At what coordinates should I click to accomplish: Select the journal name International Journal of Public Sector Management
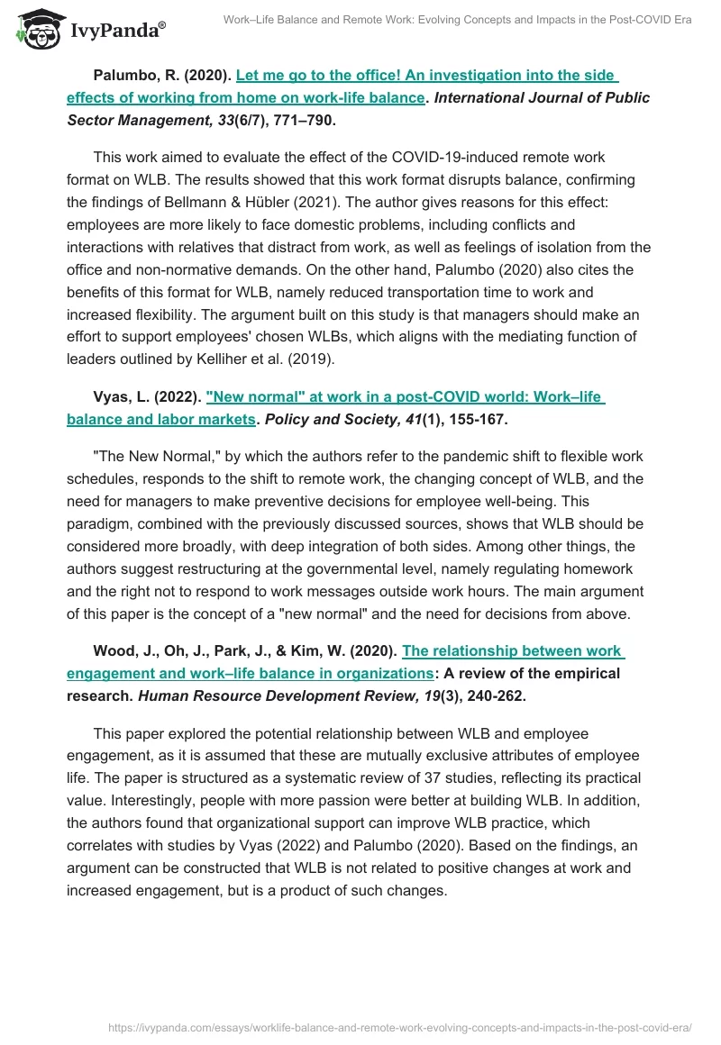pos(542,98)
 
